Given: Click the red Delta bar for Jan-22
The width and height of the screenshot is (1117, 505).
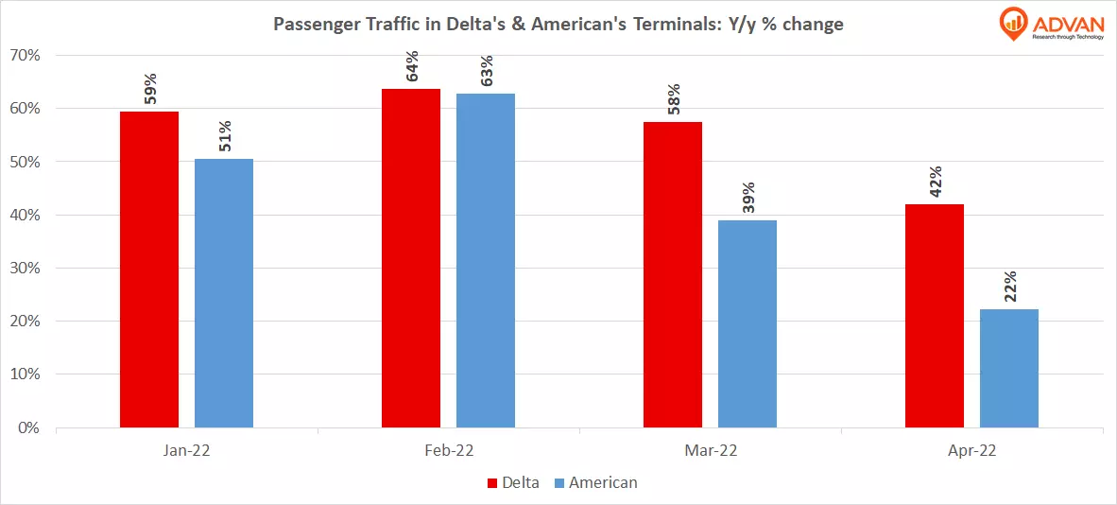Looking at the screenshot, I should [x=149, y=270].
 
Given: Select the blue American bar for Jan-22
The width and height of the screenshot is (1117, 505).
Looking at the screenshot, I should [x=224, y=293].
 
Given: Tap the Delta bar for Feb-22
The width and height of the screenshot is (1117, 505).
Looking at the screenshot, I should [x=411, y=258].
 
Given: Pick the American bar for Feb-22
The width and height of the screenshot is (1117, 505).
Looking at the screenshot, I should [x=486, y=261].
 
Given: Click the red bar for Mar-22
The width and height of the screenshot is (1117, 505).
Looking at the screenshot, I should [x=673, y=274].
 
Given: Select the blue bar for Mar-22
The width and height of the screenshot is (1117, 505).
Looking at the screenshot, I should [x=748, y=324].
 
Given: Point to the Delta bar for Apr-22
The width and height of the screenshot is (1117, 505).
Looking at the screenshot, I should [x=935, y=316].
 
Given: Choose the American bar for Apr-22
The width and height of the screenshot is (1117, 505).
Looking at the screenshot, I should [x=1009, y=369].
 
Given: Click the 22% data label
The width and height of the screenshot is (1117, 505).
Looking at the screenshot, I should [x=1010, y=286].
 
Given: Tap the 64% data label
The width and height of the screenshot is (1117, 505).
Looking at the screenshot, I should [x=412, y=66].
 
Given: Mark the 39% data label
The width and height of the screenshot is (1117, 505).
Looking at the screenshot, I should [x=748, y=198].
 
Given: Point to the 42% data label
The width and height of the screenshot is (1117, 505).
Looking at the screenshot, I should [x=936, y=182].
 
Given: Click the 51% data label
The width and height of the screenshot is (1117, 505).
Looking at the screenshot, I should [x=225, y=136].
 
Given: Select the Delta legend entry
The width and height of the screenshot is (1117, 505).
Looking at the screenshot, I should [x=513, y=482].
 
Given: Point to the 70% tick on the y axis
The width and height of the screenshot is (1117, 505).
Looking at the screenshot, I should [x=25, y=56].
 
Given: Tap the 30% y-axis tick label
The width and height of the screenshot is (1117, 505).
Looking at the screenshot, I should [x=25, y=269].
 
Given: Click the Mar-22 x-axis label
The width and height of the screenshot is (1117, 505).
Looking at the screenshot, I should [x=710, y=452].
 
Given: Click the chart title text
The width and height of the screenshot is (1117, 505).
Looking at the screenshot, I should [x=558, y=25].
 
